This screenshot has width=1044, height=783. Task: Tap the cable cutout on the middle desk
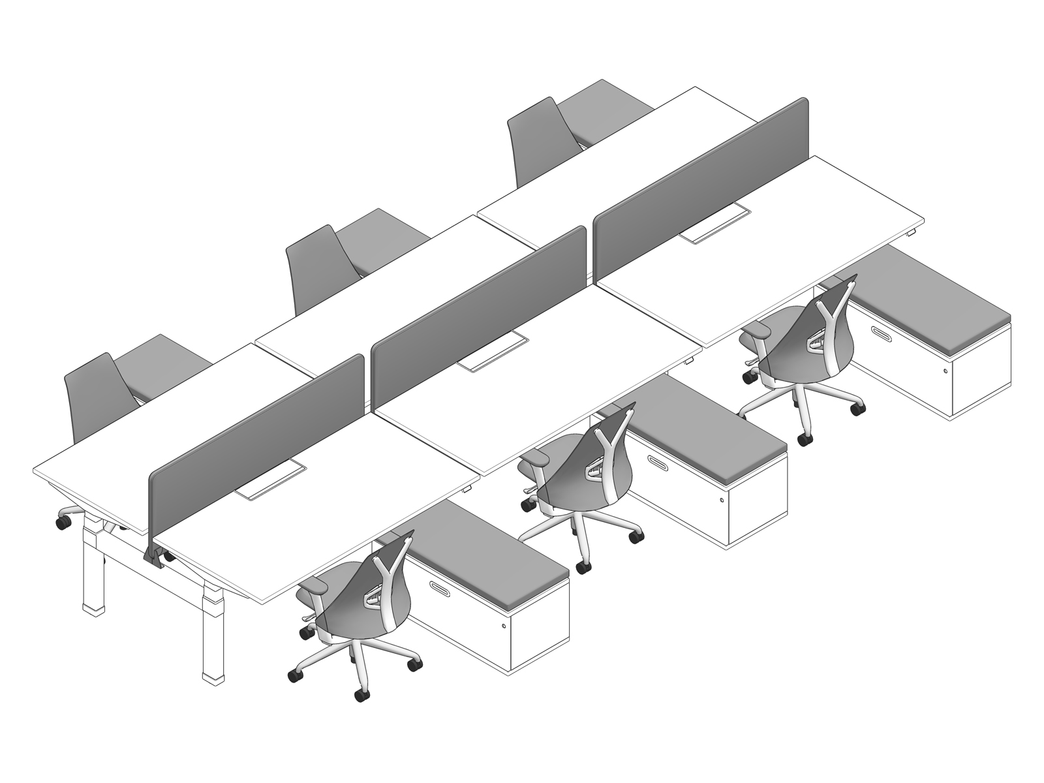tap(496, 352)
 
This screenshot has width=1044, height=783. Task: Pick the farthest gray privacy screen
tap(701, 189)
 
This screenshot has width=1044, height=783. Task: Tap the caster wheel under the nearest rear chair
tap(64, 522)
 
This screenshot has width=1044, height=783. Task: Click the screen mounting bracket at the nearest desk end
tap(154, 555)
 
